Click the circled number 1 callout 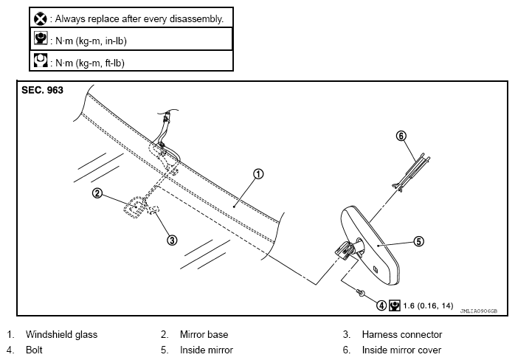click(258, 174)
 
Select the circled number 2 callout click(97, 193)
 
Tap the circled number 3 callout click(172, 240)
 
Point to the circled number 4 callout click(381, 305)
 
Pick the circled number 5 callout click(419, 241)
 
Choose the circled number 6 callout click(401, 136)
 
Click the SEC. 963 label click(42, 90)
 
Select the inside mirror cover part click(410, 172)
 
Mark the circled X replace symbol click(41, 18)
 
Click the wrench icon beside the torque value click(395, 305)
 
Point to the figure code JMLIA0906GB click(479, 311)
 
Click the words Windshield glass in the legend click(61, 334)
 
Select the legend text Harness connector click(402, 334)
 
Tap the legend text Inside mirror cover click(401, 350)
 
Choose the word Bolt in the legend click(34, 350)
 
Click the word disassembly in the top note click(196, 19)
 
